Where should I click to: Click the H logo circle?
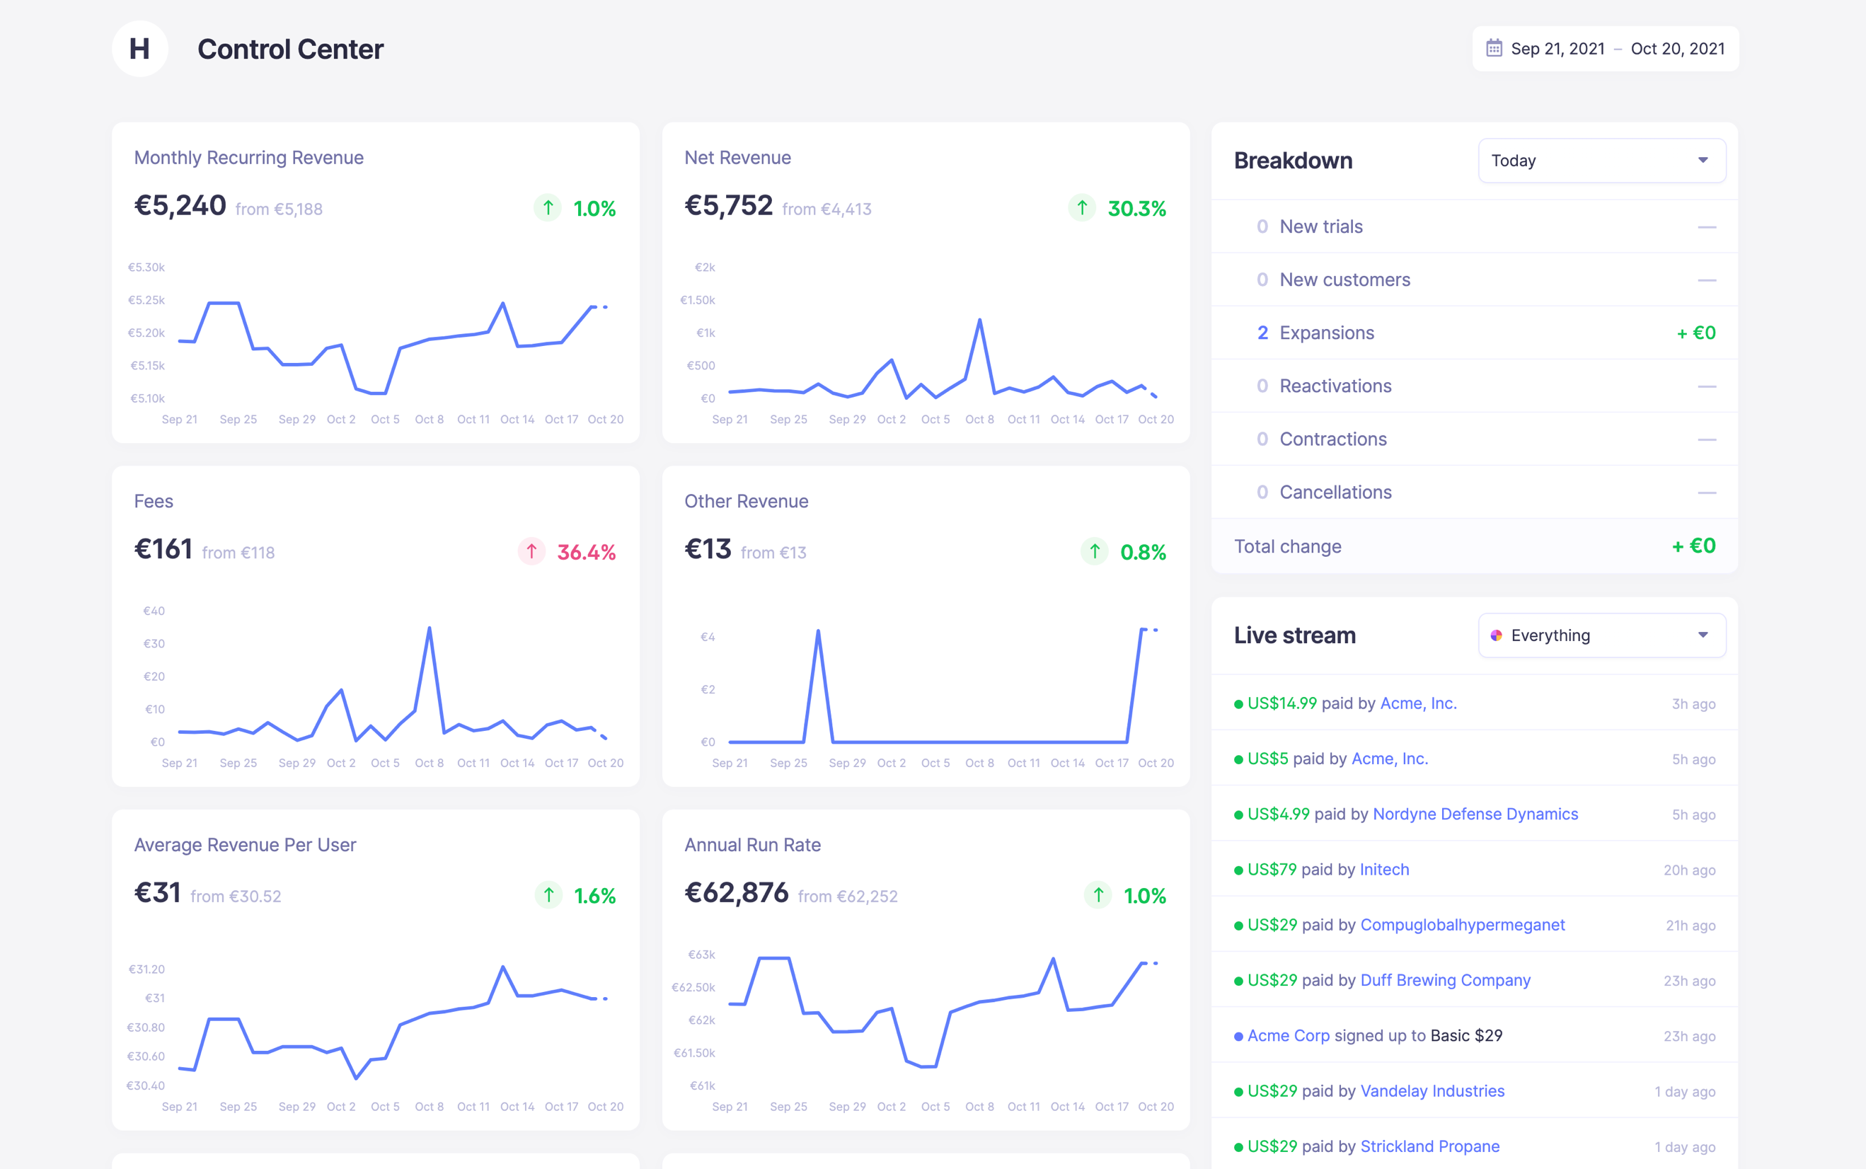click(x=140, y=49)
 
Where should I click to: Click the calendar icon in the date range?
click(x=1493, y=49)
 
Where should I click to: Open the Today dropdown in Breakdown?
click(x=1601, y=161)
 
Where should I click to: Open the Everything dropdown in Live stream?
click(x=1601, y=635)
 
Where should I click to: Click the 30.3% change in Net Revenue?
click(x=1136, y=209)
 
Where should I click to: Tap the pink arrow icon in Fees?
click(x=531, y=551)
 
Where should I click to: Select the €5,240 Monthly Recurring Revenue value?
click(x=180, y=206)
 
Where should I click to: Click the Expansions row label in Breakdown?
click(x=1327, y=333)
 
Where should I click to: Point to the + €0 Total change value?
click(x=1693, y=546)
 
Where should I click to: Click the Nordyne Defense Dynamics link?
click(x=1475, y=814)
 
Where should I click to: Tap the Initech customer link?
click(x=1383, y=870)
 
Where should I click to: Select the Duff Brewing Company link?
click(x=1445, y=980)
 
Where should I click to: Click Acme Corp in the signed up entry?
click(x=1288, y=1036)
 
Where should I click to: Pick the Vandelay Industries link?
click(x=1432, y=1091)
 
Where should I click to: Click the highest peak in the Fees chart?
click(x=429, y=628)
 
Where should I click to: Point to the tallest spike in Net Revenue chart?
click(x=979, y=320)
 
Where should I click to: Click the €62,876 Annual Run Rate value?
click(x=736, y=893)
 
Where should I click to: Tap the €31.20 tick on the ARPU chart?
click(x=146, y=969)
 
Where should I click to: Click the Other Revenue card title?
click(x=746, y=502)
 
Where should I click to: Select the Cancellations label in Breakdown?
click(x=1335, y=493)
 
